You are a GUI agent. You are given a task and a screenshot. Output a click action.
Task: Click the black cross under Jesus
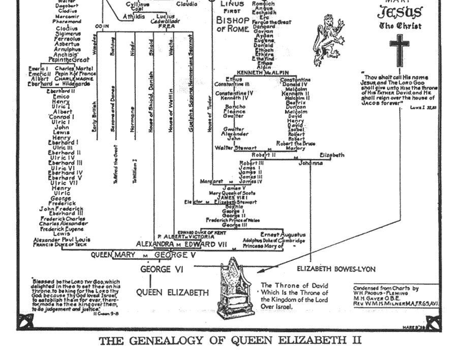pyautogui.click(x=399, y=49)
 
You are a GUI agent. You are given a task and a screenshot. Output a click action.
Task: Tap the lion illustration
pyautogui.click(x=325, y=39)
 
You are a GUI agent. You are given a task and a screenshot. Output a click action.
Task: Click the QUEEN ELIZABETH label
pyautogui.click(x=173, y=293)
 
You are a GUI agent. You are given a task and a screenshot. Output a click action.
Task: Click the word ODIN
pyautogui.click(x=102, y=26)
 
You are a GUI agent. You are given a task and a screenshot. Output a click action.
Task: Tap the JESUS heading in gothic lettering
pyautogui.click(x=399, y=12)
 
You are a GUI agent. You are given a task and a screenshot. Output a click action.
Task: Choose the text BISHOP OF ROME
pyautogui.click(x=233, y=24)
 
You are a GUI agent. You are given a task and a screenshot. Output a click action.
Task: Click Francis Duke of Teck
pyautogui.click(x=61, y=245)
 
